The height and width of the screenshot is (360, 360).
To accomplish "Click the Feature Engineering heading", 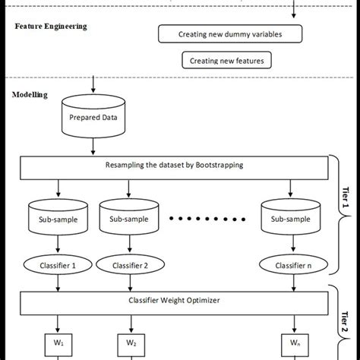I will coord(51,26).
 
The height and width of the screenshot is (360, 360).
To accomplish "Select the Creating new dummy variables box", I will coord(229,34).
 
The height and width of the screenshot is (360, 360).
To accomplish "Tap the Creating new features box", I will coord(227,59).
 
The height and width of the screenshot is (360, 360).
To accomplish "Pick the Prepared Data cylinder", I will coord(93,117).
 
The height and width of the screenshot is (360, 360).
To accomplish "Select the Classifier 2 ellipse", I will coord(131,265).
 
